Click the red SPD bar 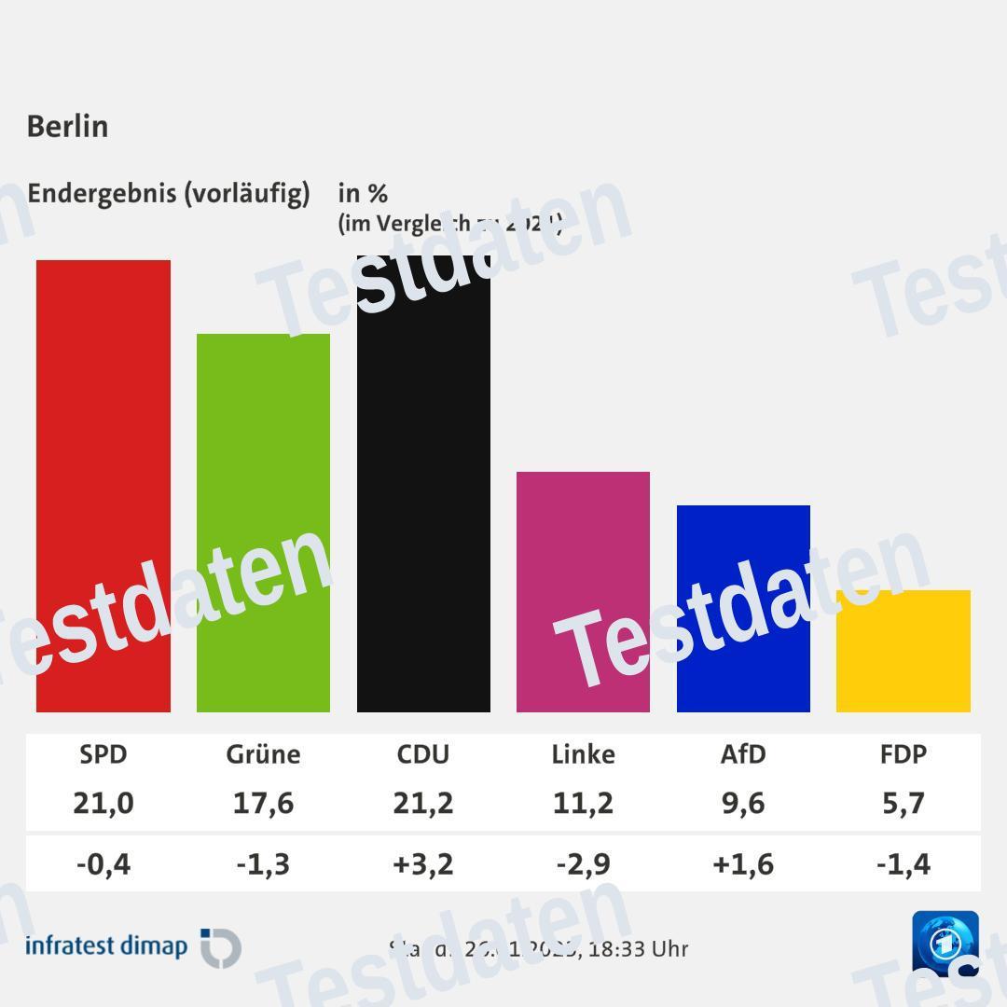point(103,485)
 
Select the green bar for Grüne point(263,522)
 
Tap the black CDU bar point(423,485)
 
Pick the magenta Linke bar point(583,592)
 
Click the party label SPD point(103,753)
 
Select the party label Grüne point(263,753)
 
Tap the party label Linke point(583,753)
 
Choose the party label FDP point(903,753)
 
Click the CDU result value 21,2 point(423,802)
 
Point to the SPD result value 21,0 point(103,802)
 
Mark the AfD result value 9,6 point(743,802)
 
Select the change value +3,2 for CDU point(423,863)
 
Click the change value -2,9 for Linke point(583,863)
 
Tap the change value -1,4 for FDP point(903,863)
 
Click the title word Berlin point(67,126)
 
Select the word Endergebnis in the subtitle point(102,193)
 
